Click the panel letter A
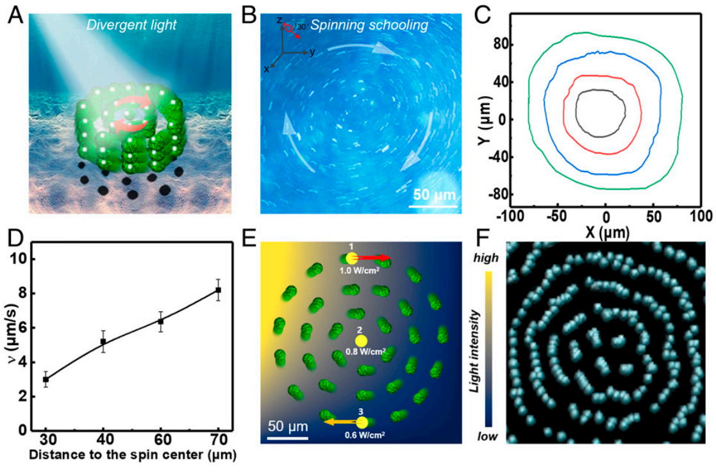tap(13, 14)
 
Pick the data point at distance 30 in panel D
tap(46, 379)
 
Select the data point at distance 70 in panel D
tap(218, 290)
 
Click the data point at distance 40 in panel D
tap(103, 341)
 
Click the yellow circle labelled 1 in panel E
tap(351, 258)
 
